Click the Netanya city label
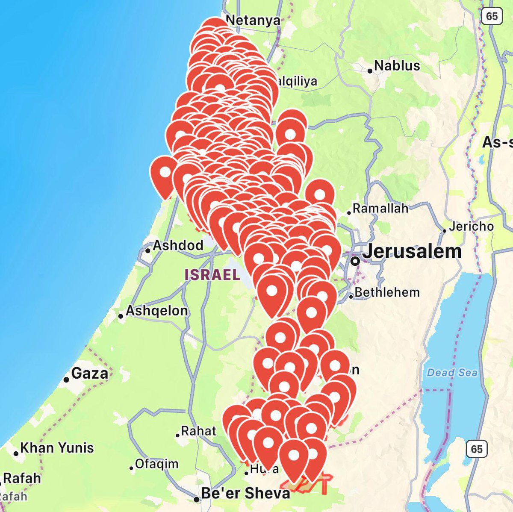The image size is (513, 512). tap(253, 20)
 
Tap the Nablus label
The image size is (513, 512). tap(397, 66)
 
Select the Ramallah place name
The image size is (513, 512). tap(380, 209)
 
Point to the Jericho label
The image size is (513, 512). tap(471, 226)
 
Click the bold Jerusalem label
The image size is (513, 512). tap(412, 251)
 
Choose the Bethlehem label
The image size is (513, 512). tap(387, 292)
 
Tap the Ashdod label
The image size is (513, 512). tap(178, 245)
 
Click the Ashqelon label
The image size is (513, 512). tap(156, 311)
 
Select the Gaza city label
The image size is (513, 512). tap(89, 373)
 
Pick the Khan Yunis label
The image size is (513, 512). tap(57, 447)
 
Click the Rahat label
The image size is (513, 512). tap(198, 431)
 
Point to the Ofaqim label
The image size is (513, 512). tap(156, 464)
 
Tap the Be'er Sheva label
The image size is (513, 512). tap(245, 493)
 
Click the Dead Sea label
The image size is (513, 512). tap(452, 373)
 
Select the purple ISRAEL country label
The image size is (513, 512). tap(212, 274)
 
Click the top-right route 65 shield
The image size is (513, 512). tap(492, 16)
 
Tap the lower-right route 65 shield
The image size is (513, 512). tap(476, 449)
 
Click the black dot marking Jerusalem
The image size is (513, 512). tap(355, 260)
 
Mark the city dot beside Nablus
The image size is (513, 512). tap(370, 71)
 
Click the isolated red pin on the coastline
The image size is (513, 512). tap(165, 173)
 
